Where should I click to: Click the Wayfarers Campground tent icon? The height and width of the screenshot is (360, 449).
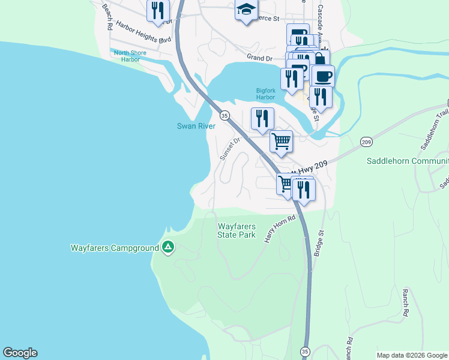tap(168, 247)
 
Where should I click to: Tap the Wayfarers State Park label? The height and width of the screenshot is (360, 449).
tap(237, 230)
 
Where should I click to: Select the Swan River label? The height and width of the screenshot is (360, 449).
tap(196, 126)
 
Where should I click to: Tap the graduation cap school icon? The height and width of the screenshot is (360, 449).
tap(246, 10)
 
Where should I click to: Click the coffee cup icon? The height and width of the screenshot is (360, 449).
tap(323, 76)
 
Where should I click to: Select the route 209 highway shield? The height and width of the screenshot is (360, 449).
tap(367, 142)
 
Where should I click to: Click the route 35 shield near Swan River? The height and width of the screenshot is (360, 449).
tap(224, 115)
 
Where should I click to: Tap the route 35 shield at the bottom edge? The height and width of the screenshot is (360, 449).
tap(305, 351)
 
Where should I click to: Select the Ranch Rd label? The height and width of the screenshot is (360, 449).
tap(406, 302)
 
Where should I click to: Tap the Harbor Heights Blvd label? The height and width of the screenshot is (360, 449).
tap(144, 32)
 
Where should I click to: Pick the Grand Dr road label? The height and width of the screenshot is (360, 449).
tap(260, 57)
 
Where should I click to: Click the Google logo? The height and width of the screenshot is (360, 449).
tap(20, 353)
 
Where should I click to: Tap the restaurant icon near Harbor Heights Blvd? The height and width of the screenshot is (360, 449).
tap(158, 11)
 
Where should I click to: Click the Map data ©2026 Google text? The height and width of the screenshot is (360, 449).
tap(412, 355)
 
